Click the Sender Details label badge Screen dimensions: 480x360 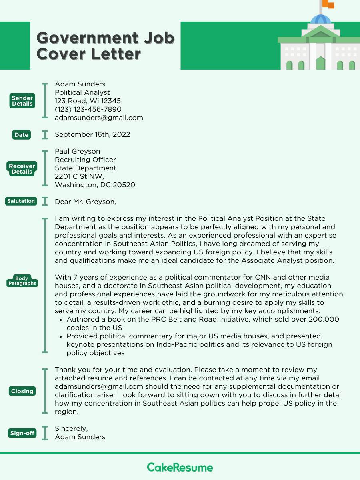[x=22, y=101]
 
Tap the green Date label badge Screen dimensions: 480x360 [x=21, y=135]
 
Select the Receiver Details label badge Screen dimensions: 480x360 [x=22, y=168]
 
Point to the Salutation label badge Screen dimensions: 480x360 [x=21, y=201]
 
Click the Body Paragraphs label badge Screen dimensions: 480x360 [x=22, y=280]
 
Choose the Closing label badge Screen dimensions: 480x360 [x=22, y=391]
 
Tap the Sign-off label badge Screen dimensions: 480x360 [x=22, y=433]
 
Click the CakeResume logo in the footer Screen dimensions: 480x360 [x=180, y=467]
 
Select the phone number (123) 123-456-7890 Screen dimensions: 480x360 [x=88, y=109]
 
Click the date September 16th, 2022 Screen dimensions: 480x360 [x=92, y=134]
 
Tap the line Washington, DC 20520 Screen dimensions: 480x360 [x=95, y=185]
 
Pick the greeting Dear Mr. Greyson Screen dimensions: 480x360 [x=85, y=202]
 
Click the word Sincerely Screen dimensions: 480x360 [x=71, y=428]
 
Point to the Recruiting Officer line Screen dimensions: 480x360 [x=85, y=160]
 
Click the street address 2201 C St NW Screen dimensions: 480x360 [x=79, y=176]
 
